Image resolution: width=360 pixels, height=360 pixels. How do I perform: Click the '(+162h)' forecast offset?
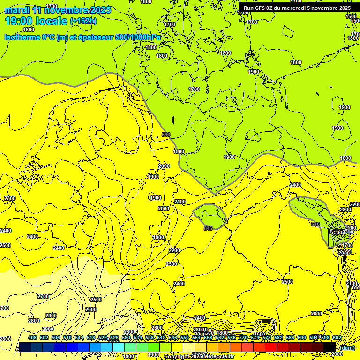[x=83, y=21]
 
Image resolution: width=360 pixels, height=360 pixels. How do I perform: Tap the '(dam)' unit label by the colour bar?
[x=347, y=347]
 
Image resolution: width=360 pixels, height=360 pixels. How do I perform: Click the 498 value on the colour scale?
[x=32, y=337]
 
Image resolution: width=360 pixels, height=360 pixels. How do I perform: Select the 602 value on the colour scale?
[x=337, y=337]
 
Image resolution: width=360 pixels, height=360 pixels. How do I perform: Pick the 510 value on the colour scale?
[x=67, y=337]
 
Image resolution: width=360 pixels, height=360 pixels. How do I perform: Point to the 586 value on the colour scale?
[x=290, y=337]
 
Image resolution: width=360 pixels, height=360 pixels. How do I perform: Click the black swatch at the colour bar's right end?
[x=330, y=347]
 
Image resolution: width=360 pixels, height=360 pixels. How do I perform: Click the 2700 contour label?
[x=43, y=296]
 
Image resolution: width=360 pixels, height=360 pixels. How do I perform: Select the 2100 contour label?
[x=180, y=202]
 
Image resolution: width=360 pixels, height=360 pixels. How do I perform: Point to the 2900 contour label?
[x=47, y=329]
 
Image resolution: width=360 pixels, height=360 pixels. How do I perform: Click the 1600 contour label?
[x=351, y=16]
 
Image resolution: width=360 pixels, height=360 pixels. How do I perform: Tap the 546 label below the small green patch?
[x=208, y=228]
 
